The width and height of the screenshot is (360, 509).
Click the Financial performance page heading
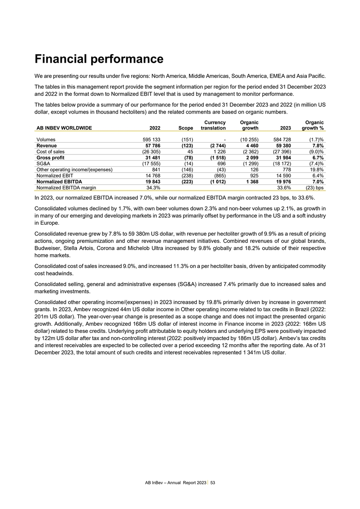tap(99, 59)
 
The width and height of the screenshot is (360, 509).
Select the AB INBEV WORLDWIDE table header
tap(64, 128)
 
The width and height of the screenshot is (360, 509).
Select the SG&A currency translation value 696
tap(219, 164)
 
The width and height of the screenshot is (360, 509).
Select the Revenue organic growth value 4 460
tap(250, 145)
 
